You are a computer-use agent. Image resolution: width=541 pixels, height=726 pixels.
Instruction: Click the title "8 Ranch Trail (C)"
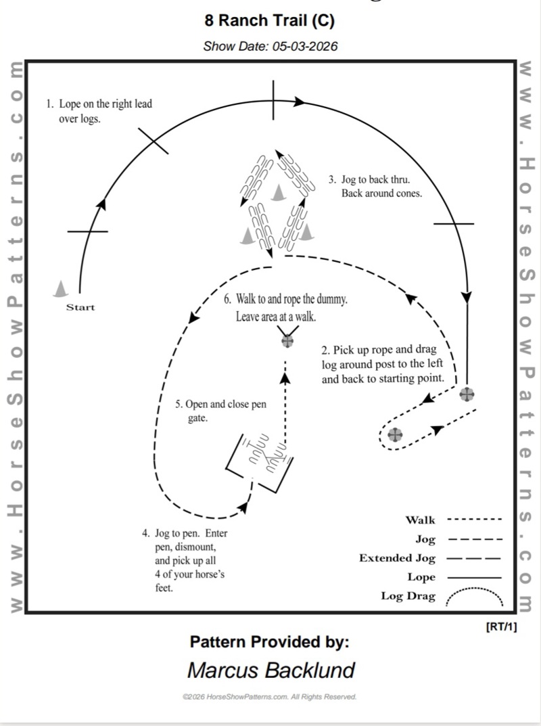tap(269, 22)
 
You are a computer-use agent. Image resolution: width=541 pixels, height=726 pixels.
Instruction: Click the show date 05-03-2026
tap(270, 47)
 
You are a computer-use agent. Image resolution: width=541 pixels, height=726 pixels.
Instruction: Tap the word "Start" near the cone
tap(80, 308)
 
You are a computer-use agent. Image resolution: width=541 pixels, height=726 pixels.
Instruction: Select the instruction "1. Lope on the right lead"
tap(99, 104)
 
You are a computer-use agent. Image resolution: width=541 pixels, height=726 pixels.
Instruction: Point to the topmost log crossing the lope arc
tap(273, 101)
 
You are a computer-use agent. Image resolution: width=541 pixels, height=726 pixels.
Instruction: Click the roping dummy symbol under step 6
tap(287, 340)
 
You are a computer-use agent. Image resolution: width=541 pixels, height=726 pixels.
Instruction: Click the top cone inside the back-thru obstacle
tap(277, 194)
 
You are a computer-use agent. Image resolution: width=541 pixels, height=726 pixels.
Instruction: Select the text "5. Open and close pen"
tap(220, 405)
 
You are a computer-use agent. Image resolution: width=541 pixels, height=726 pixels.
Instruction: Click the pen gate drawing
tap(260, 462)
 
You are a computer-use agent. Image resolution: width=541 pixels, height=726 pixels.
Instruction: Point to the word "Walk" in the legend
tap(420, 520)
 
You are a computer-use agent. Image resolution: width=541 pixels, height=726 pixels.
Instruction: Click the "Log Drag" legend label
tap(408, 597)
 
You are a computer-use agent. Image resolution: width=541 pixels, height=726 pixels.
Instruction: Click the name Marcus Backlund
tap(270, 670)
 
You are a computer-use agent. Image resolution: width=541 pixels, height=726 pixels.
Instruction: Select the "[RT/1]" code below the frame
tap(501, 627)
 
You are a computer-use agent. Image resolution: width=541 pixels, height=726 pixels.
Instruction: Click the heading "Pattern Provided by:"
tap(269, 641)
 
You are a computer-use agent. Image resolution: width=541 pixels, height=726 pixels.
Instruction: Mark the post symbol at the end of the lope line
tap(467, 394)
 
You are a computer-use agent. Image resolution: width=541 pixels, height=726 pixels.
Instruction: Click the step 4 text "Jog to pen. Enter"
tap(185, 533)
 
